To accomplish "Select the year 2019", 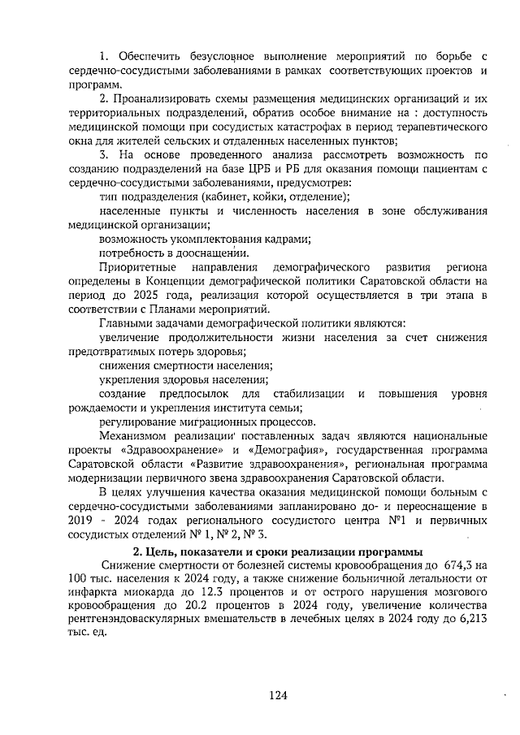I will [81, 521].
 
